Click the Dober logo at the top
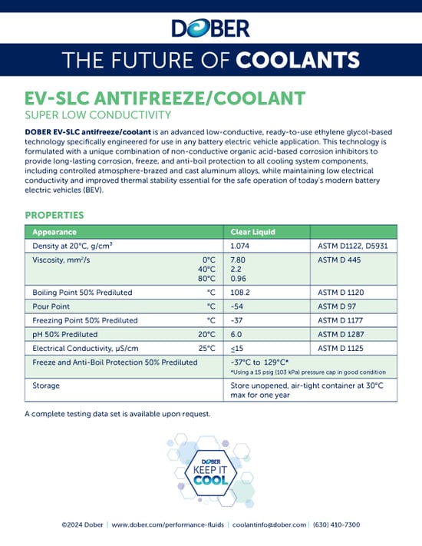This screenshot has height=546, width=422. pyautogui.click(x=210, y=29)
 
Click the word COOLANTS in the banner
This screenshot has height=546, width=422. pyautogui.click(x=298, y=60)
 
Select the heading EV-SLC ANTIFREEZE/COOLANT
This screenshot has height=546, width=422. pyautogui.click(x=165, y=99)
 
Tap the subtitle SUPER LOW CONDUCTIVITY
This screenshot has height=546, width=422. pyautogui.click(x=97, y=116)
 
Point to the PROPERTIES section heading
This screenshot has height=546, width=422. pyautogui.click(x=54, y=215)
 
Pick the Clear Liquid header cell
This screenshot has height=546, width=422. pyautogui.click(x=252, y=231)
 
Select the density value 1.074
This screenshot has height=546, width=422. pyautogui.click(x=241, y=246)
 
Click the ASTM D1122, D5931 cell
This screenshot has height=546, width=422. pyautogui.click(x=351, y=246)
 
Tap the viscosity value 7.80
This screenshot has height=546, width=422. pyautogui.click(x=239, y=260)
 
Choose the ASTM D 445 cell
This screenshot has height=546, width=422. pyautogui.click(x=338, y=260)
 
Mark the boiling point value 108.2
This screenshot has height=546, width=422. pyautogui.click(x=242, y=293)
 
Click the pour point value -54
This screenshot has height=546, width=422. pyautogui.click(x=237, y=306)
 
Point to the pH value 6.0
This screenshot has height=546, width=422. pyautogui.click(x=236, y=334)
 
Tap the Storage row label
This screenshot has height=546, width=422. pyautogui.click(x=46, y=386)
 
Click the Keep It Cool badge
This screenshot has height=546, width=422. pyautogui.click(x=210, y=471)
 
